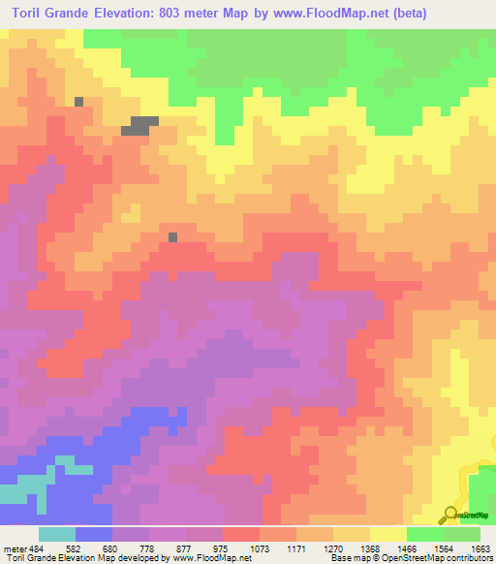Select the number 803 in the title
(x=184, y=13)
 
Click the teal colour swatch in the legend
(x=57, y=534)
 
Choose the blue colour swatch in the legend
(x=94, y=534)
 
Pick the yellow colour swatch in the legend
(x=387, y=534)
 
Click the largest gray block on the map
(x=140, y=125)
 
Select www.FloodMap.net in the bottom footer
(x=207, y=558)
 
